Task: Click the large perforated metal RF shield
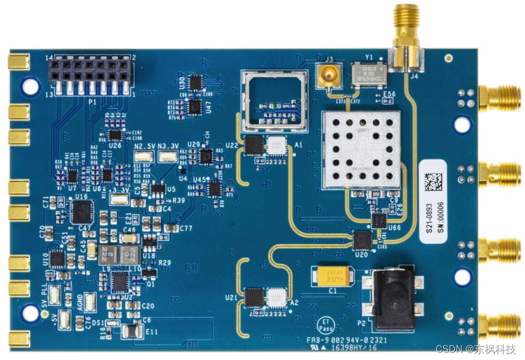click(362, 149)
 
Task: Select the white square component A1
click(276, 145)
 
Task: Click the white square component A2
click(276, 297)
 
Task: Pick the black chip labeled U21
click(254, 297)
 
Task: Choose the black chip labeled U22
click(254, 145)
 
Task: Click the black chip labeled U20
click(363, 239)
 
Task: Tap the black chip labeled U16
click(81, 212)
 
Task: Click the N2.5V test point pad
click(143, 156)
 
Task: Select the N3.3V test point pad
click(169, 156)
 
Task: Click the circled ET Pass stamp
click(327, 324)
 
